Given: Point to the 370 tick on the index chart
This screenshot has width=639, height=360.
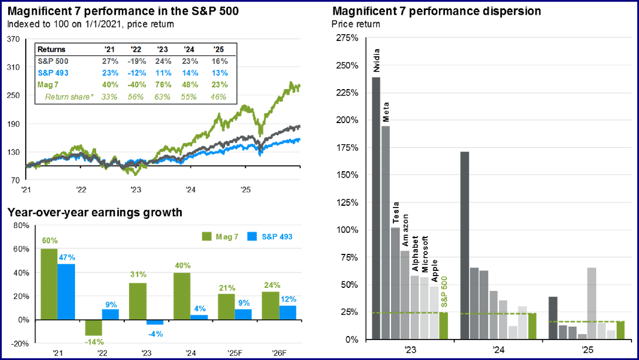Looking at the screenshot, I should [13, 39].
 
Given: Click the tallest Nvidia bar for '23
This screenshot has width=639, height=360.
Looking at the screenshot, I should [376, 208].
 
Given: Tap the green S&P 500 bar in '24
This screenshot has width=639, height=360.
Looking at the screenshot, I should [532, 326].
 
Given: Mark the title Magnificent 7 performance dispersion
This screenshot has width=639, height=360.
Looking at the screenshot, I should [436, 11].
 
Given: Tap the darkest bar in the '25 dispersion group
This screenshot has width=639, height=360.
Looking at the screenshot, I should [552, 318].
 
